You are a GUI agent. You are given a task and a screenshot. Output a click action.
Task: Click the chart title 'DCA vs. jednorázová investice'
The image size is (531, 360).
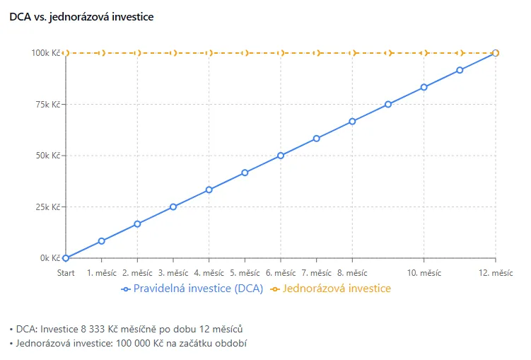click(81, 16)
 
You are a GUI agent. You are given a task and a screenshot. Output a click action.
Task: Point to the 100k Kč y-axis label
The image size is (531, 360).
click(46, 53)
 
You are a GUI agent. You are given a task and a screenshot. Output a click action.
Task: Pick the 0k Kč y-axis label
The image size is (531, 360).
click(49, 258)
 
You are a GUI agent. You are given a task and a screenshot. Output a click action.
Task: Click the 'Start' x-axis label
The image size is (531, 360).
click(66, 272)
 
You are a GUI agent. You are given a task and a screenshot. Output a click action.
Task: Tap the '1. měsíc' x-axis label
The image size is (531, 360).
click(102, 272)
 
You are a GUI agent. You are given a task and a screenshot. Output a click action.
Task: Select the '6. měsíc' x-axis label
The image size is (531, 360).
click(281, 272)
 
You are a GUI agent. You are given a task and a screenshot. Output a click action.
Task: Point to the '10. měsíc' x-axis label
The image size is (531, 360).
click(424, 272)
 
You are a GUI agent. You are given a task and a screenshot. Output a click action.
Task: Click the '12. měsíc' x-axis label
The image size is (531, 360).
click(495, 272)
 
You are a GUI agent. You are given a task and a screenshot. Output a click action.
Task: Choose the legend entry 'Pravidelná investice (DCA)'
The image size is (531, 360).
click(192, 289)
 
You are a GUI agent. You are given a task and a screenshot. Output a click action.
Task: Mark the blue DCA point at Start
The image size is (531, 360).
click(66, 258)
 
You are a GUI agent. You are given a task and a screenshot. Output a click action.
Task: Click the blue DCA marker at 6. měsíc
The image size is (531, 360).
click(281, 156)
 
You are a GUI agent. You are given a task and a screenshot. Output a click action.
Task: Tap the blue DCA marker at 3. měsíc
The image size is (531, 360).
click(173, 207)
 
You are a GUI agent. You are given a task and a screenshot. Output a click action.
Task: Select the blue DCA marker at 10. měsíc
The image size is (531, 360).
click(424, 87)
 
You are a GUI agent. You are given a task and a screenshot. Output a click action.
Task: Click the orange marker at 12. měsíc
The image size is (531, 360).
click(496, 53)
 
